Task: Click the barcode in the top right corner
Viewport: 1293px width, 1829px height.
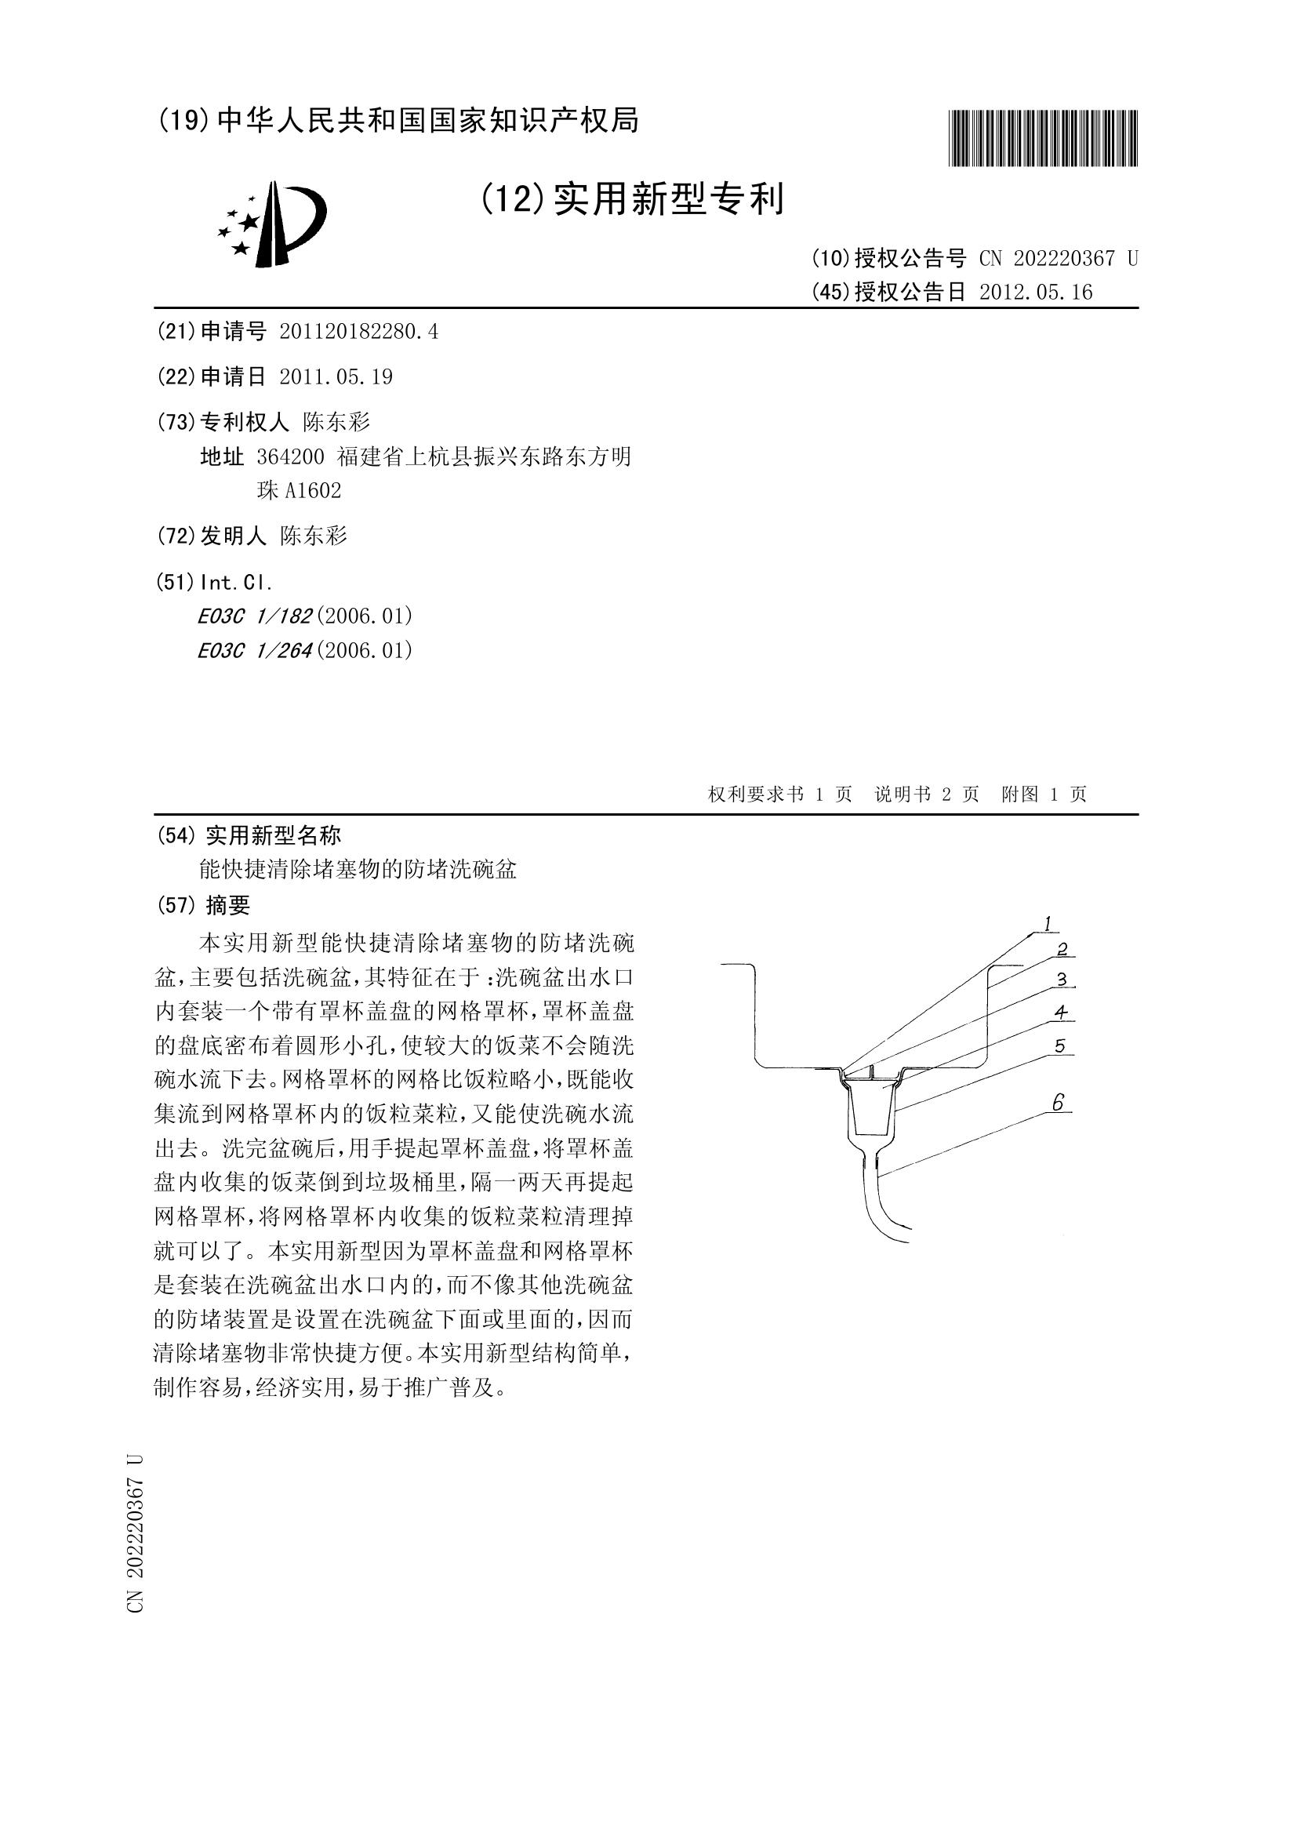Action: click(x=1043, y=138)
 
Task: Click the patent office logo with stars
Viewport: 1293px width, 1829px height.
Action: click(x=272, y=224)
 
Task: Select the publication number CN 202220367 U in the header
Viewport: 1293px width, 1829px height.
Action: click(x=1058, y=258)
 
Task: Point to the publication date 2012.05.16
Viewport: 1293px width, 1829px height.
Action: click(x=1036, y=293)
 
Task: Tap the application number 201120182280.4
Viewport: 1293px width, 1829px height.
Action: click(x=358, y=332)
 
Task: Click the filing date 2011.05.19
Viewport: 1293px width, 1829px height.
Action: click(x=336, y=376)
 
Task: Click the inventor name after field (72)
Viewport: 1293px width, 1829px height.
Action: click(x=314, y=536)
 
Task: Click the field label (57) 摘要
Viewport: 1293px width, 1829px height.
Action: click(x=205, y=905)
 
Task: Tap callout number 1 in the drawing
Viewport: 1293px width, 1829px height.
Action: click(x=1048, y=924)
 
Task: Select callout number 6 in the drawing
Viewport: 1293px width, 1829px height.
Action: click(x=1058, y=1103)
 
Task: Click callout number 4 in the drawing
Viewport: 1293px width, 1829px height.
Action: click(x=1059, y=1013)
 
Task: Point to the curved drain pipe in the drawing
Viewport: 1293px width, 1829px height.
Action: click(x=884, y=1203)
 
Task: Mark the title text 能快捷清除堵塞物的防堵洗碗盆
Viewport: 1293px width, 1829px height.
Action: click(x=358, y=869)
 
